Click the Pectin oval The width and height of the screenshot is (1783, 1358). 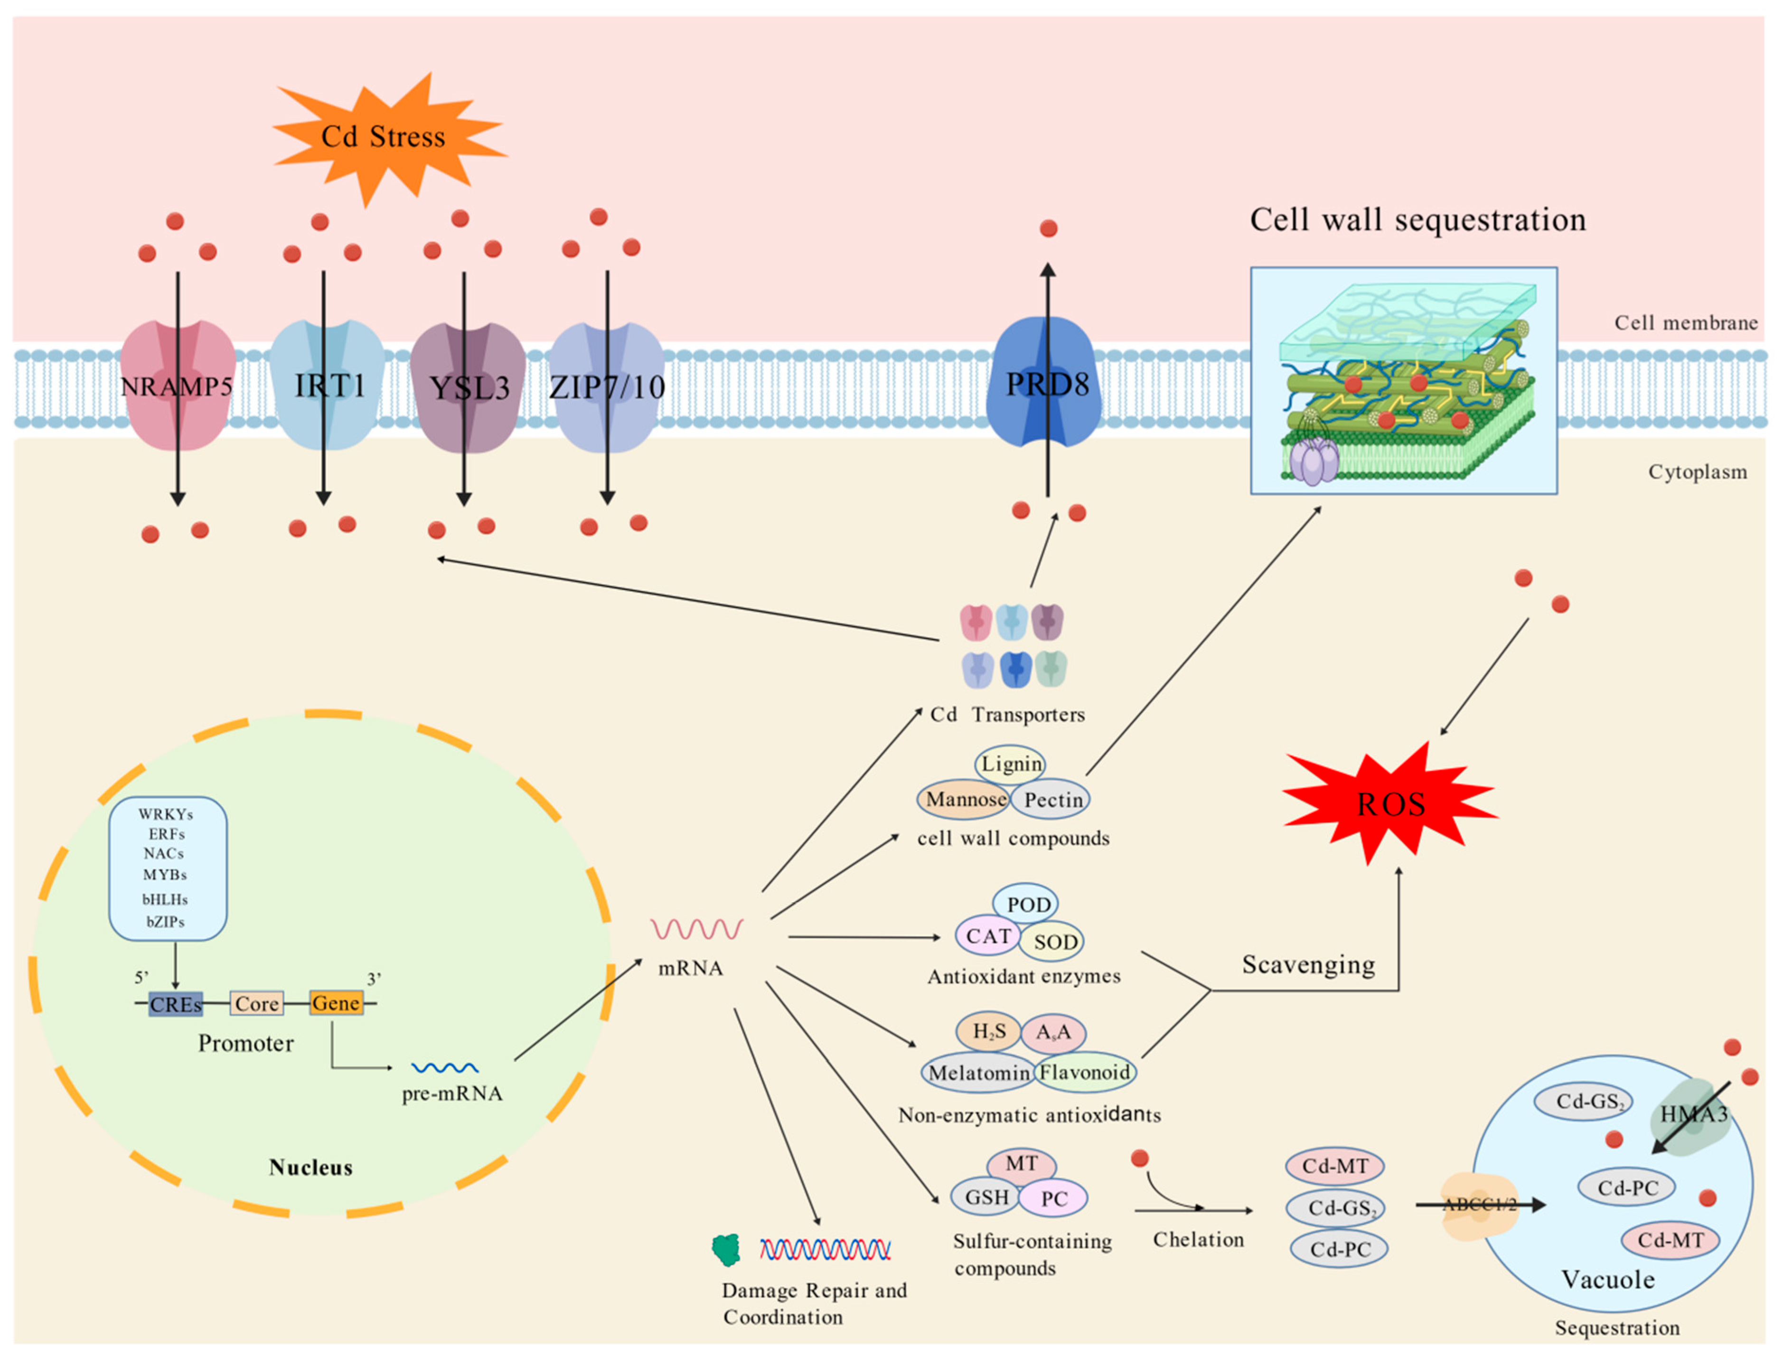pos(1051,800)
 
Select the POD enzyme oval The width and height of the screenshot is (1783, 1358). pos(1026,904)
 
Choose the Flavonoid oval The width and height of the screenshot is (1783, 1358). pos(1085,1072)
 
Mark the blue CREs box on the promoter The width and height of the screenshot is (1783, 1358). pos(175,1004)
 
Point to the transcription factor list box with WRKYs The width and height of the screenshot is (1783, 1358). pos(168,869)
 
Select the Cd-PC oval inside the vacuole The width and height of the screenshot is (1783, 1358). pos(1626,1188)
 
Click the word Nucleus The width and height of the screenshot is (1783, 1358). pos(311,1167)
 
